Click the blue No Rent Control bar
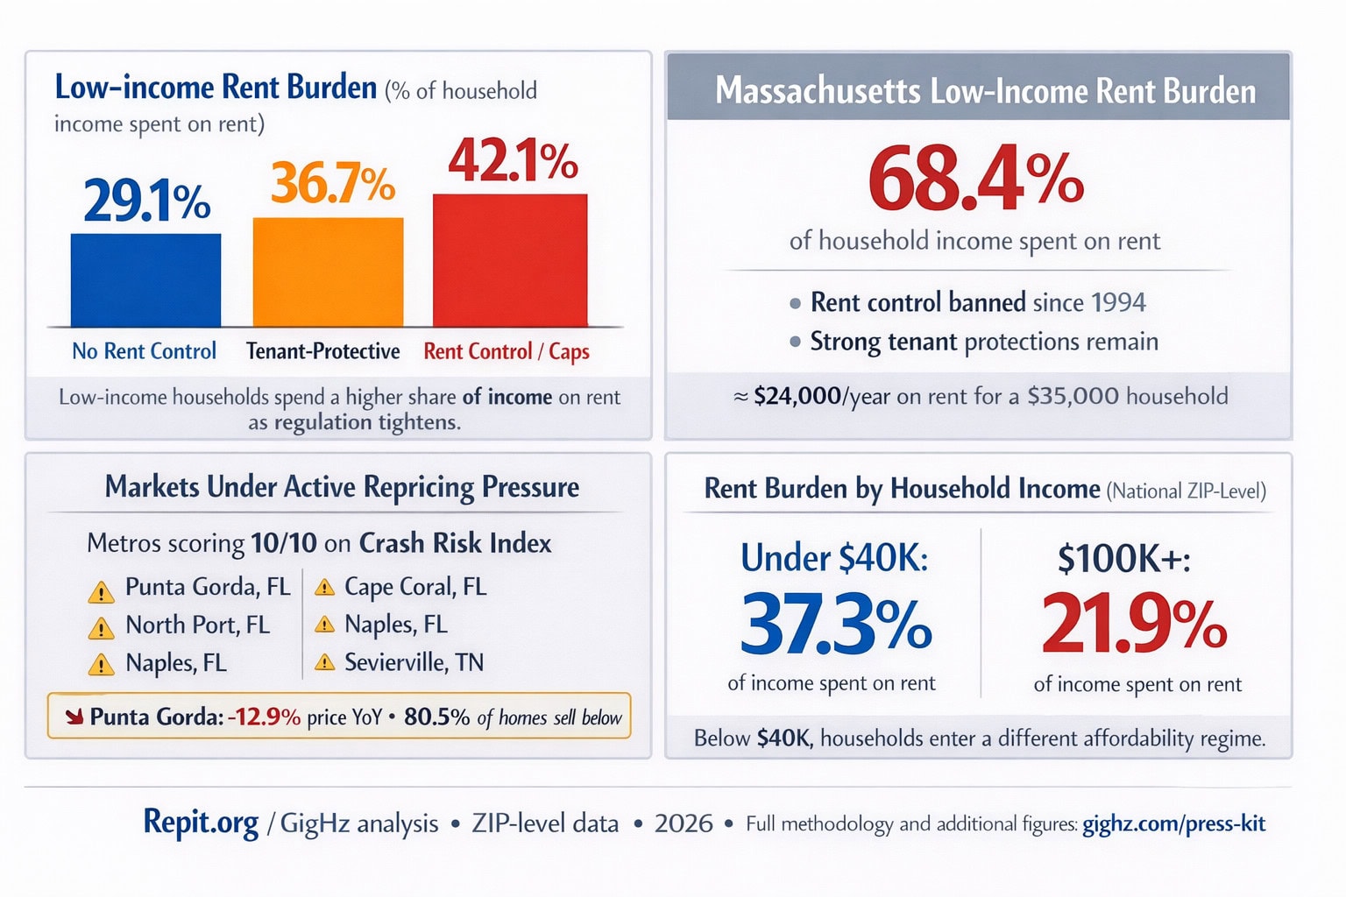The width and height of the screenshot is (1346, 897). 145,280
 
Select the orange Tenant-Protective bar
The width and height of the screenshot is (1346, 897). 328,272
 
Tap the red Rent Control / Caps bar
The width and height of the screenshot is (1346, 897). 510,260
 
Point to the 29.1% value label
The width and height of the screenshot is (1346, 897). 146,201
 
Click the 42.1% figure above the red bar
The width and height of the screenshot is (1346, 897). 513,161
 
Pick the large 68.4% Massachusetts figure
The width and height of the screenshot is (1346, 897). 975,179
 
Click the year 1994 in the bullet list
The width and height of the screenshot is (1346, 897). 1118,302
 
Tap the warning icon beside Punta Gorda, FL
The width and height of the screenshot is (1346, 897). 101,592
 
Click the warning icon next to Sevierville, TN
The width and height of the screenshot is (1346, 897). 324,662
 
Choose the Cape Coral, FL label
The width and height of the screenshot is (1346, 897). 414,586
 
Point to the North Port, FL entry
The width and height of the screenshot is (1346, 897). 197,625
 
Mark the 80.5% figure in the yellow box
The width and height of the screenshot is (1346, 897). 436,717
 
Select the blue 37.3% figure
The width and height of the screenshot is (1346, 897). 835,625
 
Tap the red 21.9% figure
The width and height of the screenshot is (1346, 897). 1134,625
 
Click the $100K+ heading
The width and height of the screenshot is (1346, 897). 1123,558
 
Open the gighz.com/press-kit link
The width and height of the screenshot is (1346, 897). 1173,823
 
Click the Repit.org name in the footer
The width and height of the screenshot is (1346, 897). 201,823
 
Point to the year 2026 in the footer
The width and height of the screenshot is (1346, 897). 684,823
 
